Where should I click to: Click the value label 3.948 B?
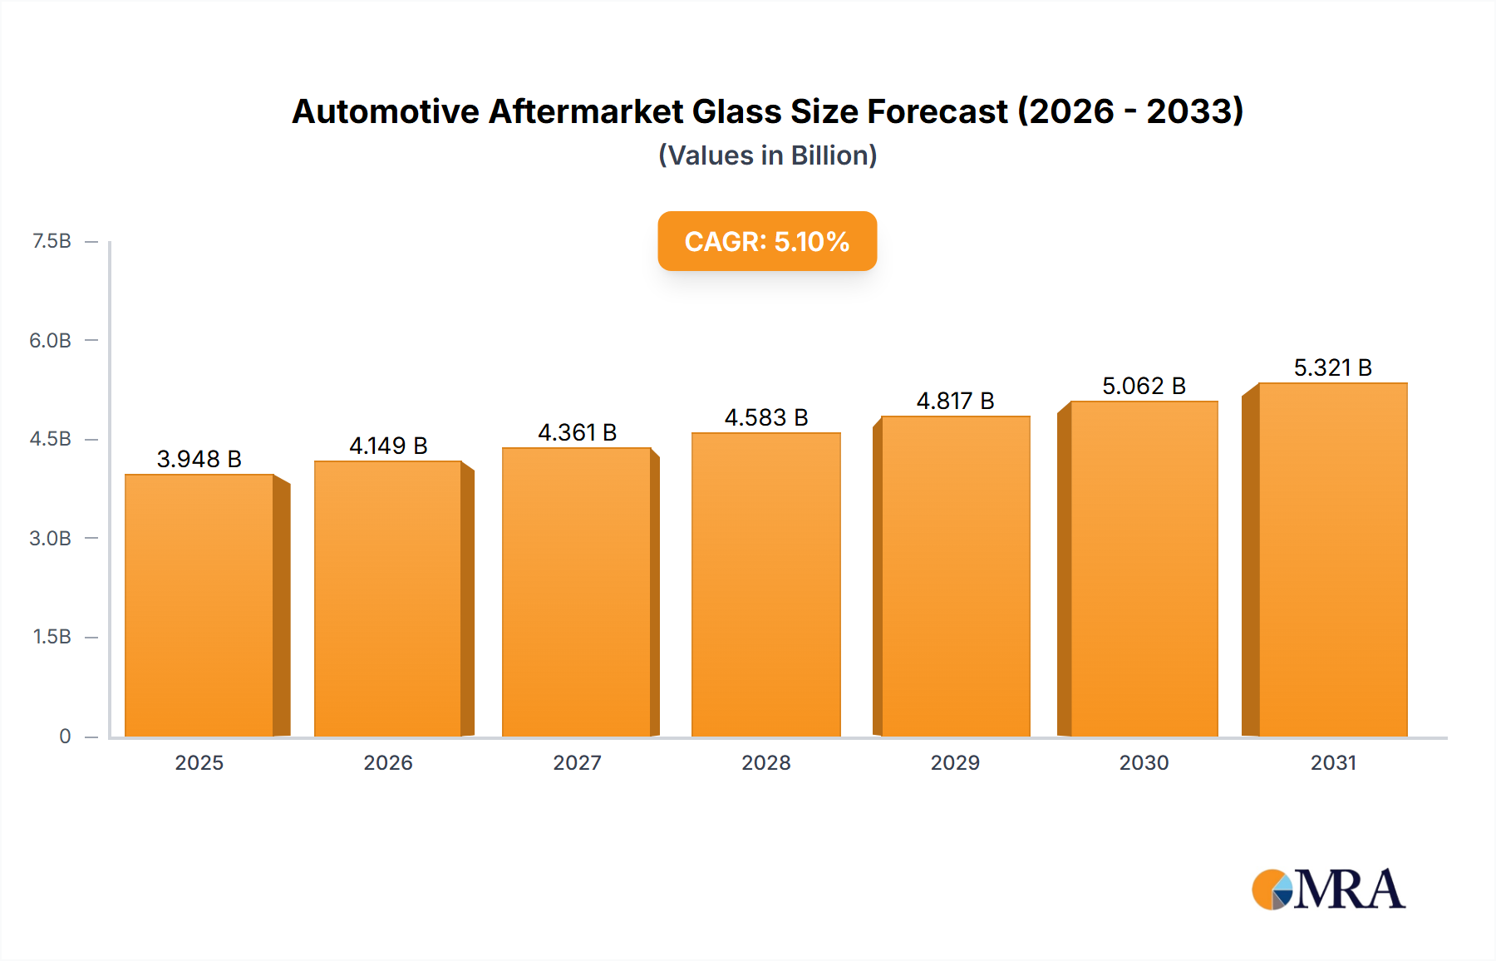199,459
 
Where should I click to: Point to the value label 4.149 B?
388,446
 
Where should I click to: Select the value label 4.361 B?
577,432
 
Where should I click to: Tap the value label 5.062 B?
1144,386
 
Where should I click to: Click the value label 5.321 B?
1332,367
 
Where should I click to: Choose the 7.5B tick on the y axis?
52,241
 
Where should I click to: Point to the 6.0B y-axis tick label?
50,340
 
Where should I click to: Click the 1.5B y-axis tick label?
52,637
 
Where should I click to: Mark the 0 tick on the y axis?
65,736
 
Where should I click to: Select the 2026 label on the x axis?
388,762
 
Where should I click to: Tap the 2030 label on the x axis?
1144,762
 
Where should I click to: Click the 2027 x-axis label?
577,762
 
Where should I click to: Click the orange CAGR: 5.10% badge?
767,241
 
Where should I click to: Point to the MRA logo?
1328,890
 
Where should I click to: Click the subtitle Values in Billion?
767,155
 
